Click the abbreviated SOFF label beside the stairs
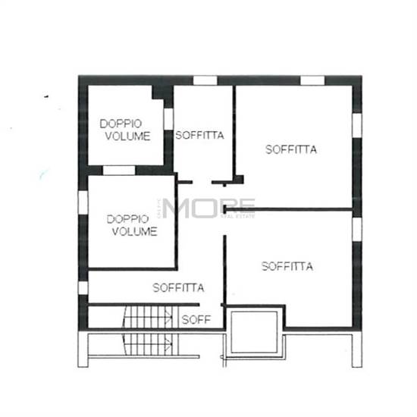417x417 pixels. pyautogui.click(x=196, y=320)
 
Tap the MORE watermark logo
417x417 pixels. pyautogui.click(x=208, y=208)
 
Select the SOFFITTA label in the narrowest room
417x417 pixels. pyautogui.click(x=199, y=135)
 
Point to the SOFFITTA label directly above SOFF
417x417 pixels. pyautogui.click(x=178, y=287)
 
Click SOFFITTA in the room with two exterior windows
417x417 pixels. pyautogui.click(x=291, y=149)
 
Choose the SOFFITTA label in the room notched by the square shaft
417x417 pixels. pyautogui.click(x=287, y=266)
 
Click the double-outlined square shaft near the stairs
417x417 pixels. pyautogui.click(x=254, y=332)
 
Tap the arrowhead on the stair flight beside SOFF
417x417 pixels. pyautogui.click(x=169, y=318)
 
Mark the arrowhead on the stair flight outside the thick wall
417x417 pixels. pyautogui.click(x=168, y=344)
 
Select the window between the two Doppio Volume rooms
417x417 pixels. pyautogui.click(x=119, y=171)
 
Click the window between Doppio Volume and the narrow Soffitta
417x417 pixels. pyautogui.click(x=168, y=119)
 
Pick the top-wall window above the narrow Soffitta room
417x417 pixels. pyautogui.click(x=205, y=80)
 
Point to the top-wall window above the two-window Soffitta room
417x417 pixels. pyautogui.click(x=312, y=80)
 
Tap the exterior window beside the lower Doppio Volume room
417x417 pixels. pyautogui.click(x=83, y=202)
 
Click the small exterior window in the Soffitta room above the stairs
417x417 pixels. pyautogui.click(x=83, y=288)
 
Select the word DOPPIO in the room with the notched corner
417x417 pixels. pyautogui.click(x=121, y=124)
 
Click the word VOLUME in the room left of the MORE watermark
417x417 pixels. pyautogui.click(x=134, y=231)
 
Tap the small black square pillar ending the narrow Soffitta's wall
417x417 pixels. pyautogui.click(x=239, y=180)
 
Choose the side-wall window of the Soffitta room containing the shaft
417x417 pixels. pyautogui.click(x=357, y=230)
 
